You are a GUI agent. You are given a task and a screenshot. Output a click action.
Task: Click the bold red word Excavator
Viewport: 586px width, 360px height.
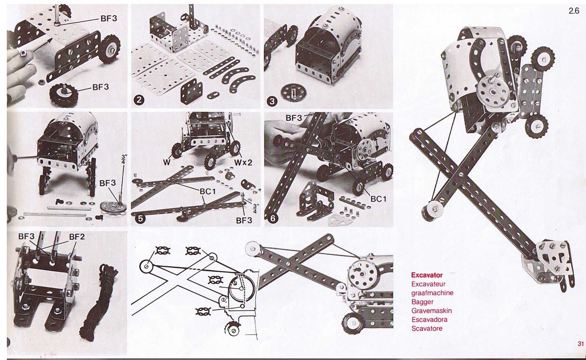427,275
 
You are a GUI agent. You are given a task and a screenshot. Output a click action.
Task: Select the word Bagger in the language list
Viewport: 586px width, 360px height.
422,302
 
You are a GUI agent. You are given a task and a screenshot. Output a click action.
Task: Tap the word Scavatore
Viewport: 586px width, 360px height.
427,328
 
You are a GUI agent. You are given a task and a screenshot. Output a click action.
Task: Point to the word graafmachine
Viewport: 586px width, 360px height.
432,293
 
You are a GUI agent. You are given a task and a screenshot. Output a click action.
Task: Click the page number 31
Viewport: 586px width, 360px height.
581,344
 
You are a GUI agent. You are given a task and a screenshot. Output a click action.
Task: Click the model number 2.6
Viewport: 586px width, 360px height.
574,11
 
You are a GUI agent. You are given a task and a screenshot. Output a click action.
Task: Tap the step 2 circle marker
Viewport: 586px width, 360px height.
140,100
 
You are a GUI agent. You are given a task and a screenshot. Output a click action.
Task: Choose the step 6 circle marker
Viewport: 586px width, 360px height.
272,218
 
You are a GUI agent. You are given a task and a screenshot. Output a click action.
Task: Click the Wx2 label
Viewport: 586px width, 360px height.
243,162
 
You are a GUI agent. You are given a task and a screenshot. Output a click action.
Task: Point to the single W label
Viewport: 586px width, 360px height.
167,162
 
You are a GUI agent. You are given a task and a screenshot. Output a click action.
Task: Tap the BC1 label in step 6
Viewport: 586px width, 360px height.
378,199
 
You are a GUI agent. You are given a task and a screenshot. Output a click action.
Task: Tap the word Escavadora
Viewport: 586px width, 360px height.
429,319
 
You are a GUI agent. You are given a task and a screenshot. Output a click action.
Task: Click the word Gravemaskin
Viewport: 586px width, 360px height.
431,311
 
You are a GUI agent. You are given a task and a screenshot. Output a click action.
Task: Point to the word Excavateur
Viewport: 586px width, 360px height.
428,284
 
